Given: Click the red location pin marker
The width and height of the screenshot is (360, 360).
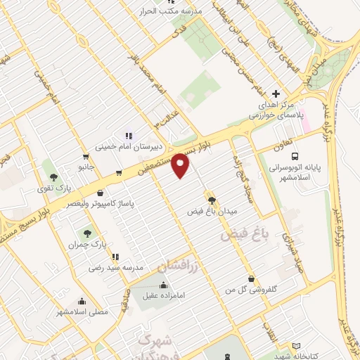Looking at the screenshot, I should coord(181,165).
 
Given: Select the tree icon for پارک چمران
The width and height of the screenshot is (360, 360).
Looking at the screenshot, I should coord(87,233).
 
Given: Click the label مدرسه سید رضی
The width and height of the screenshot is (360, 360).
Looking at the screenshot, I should coord(116,268).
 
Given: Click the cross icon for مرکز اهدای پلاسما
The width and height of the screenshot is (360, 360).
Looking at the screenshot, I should coord(276,94).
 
